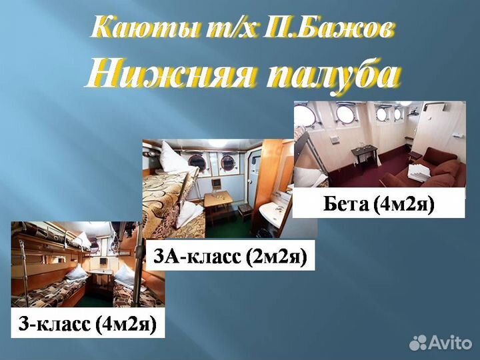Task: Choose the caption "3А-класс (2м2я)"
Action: [x=230, y=257]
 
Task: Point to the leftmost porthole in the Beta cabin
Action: [x=305, y=116]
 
